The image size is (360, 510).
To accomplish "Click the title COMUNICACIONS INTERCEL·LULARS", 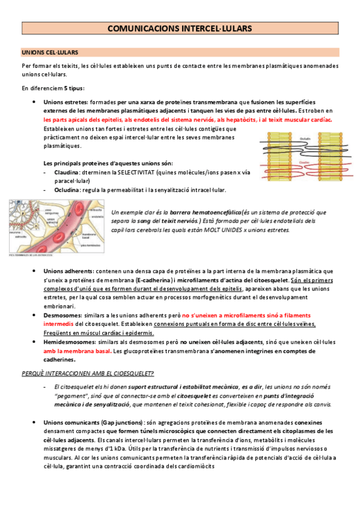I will (180, 28).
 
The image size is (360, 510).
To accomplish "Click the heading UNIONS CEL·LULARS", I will (45, 53).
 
